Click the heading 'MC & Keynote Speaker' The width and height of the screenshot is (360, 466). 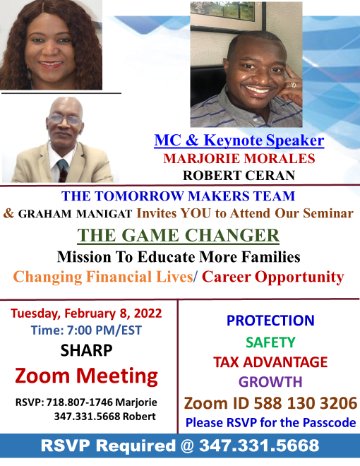(x=239, y=141)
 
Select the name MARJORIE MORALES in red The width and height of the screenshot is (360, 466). (x=239, y=158)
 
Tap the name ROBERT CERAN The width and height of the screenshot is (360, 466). (x=239, y=175)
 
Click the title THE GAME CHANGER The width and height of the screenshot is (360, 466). (x=178, y=235)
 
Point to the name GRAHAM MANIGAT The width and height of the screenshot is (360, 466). (x=75, y=214)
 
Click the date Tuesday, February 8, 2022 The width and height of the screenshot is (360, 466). (x=86, y=313)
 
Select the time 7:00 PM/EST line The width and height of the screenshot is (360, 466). (x=86, y=330)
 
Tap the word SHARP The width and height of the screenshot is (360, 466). (x=86, y=350)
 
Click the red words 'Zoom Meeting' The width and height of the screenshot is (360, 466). (x=86, y=376)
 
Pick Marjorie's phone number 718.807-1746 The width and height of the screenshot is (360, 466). (x=79, y=402)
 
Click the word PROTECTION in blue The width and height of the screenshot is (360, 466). (x=270, y=321)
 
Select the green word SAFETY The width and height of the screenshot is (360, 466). (x=270, y=342)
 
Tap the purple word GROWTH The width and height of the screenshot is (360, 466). (x=270, y=382)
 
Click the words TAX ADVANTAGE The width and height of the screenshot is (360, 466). (x=270, y=362)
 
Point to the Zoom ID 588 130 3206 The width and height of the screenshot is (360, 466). (x=270, y=403)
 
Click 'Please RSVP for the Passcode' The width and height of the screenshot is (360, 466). (x=270, y=423)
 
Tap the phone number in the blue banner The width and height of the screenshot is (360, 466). (x=259, y=446)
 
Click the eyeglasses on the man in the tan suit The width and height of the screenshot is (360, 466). (x=65, y=119)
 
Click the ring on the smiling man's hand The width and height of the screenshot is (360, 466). (x=294, y=85)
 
